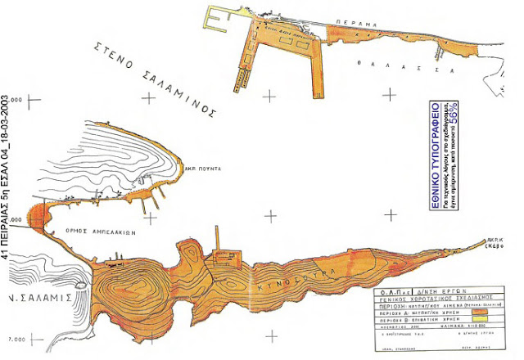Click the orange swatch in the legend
(478, 312)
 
